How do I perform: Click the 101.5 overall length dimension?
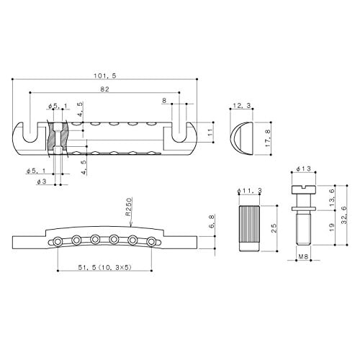[105, 76]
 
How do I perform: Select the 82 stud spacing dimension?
[104, 89]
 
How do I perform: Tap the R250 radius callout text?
[130, 207]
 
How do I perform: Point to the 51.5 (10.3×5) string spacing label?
[105, 267]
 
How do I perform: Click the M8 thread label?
[303, 256]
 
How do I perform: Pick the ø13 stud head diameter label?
[304, 168]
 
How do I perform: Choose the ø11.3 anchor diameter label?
[249, 191]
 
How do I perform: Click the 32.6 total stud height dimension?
[344, 215]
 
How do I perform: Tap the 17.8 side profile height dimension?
[268, 138]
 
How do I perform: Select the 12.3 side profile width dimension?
[241, 105]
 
